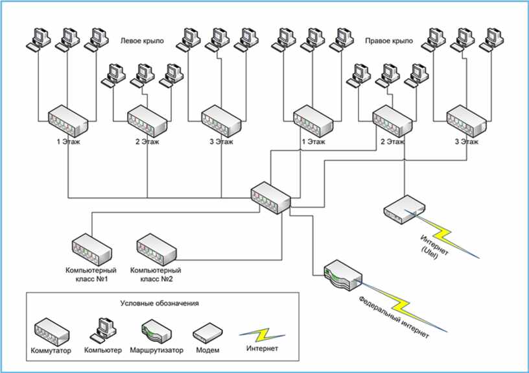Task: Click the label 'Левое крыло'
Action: pos(142,41)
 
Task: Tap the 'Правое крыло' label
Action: pos(389,41)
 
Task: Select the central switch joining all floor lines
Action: pos(270,197)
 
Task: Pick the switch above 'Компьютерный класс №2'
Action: pos(156,249)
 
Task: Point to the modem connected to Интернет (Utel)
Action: pos(404,210)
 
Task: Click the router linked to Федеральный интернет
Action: pos(343,276)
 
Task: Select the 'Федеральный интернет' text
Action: pos(394,317)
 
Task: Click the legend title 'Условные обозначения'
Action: pos(159,303)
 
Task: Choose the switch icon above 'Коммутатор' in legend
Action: pos(52,331)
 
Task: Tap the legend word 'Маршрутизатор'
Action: pos(156,350)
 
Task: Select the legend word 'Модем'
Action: pos(207,350)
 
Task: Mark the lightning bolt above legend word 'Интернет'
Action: pos(262,335)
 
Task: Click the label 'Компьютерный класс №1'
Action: pos(91,274)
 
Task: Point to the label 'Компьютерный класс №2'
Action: pos(156,274)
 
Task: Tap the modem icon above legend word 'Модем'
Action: pos(208,333)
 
